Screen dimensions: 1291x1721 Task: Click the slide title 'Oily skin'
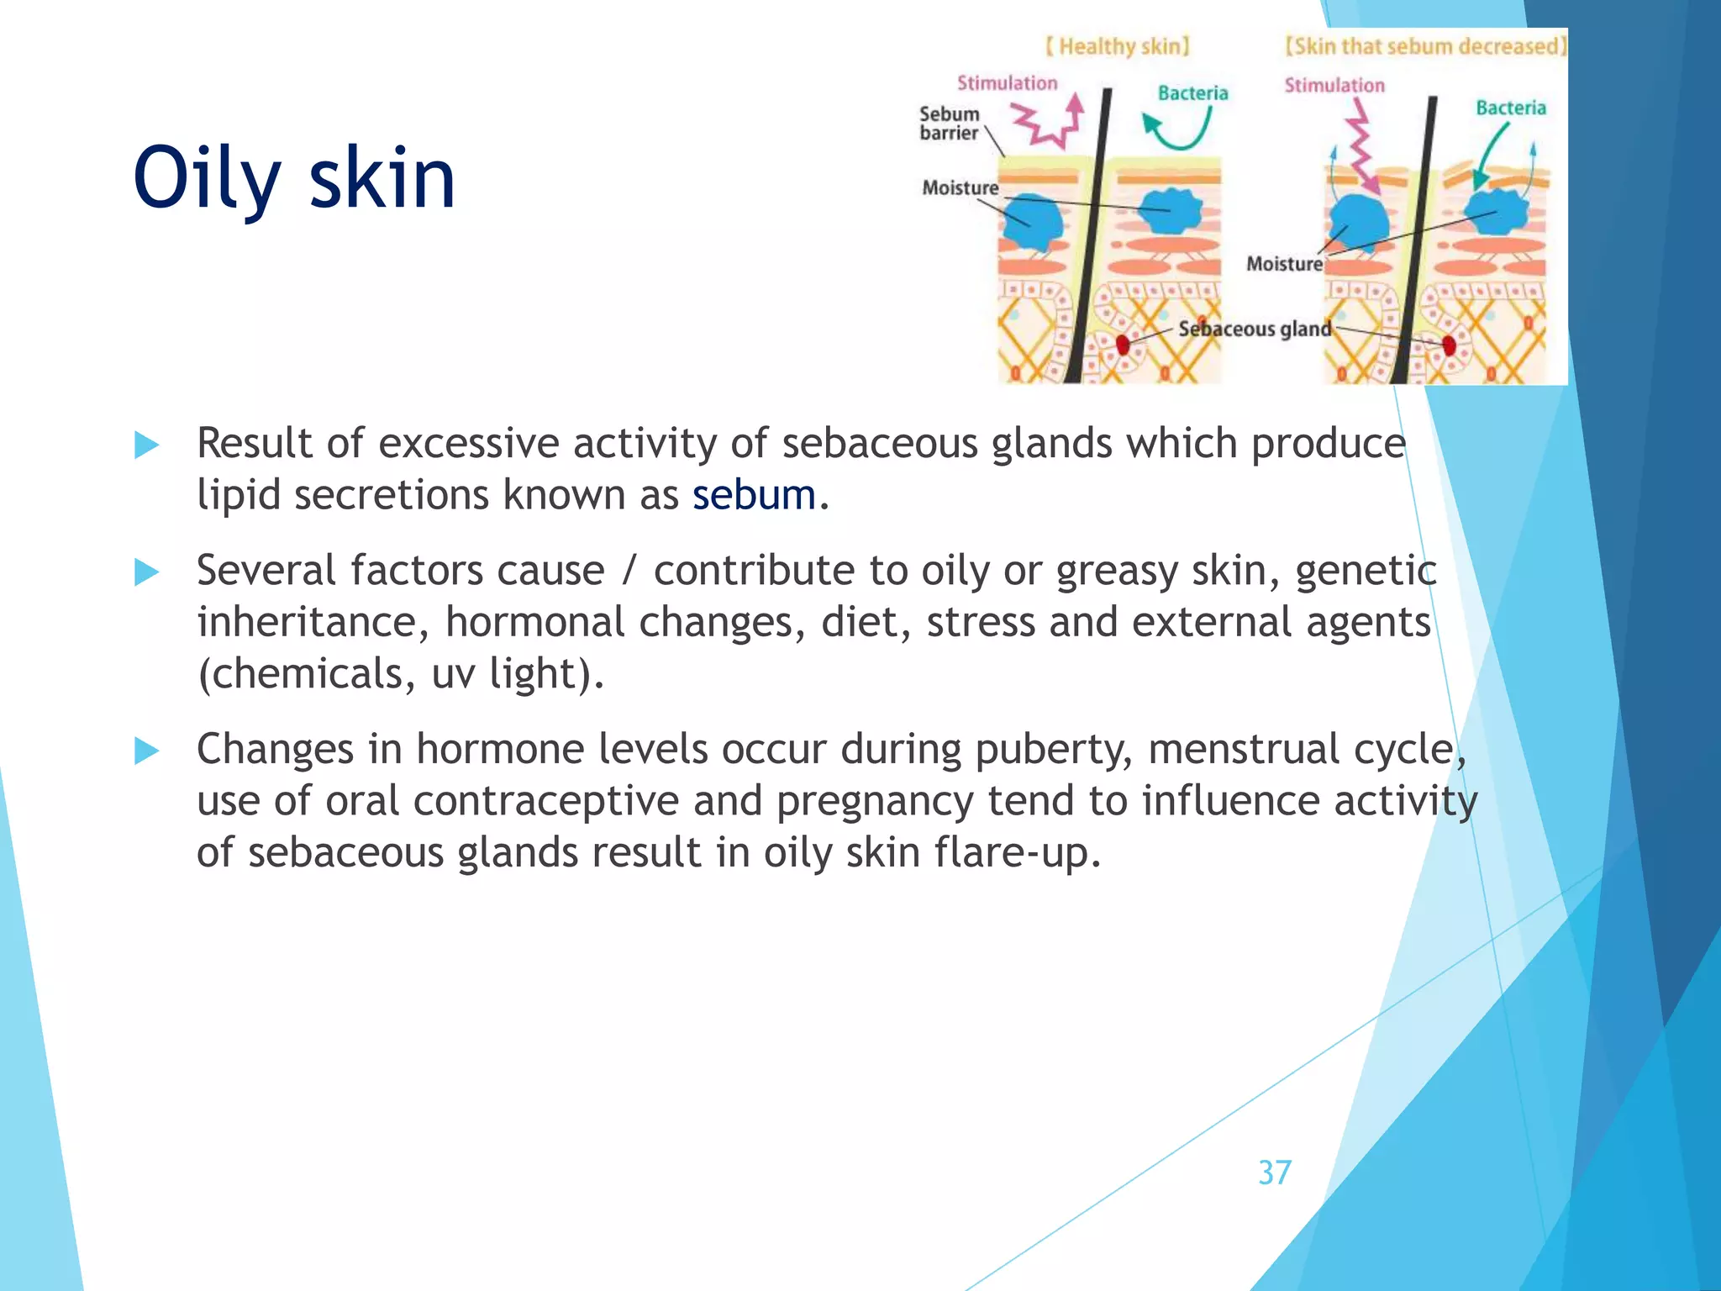(294, 177)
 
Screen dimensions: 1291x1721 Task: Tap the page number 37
(1274, 1172)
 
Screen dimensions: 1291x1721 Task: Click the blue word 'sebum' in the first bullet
(754, 494)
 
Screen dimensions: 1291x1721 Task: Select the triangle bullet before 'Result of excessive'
(146, 445)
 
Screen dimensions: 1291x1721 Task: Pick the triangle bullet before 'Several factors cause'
(146, 572)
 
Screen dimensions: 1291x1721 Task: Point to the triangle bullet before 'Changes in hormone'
(146, 751)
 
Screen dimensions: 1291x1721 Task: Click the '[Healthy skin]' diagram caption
(1118, 46)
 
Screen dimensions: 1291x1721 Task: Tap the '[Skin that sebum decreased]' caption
(1425, 46)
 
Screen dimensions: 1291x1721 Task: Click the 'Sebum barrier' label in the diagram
(949, 124)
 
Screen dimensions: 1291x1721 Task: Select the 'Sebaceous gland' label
(1254, 329)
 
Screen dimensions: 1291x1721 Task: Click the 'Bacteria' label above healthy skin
(1192, 93)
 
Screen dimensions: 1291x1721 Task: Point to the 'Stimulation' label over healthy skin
(1007, 83)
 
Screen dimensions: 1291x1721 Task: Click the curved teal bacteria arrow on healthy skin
(1176, 130)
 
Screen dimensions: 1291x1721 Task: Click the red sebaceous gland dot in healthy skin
(1123, 344)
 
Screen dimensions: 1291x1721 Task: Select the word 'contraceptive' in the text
(545, 801)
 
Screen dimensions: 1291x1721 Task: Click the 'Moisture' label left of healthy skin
(960, 187)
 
